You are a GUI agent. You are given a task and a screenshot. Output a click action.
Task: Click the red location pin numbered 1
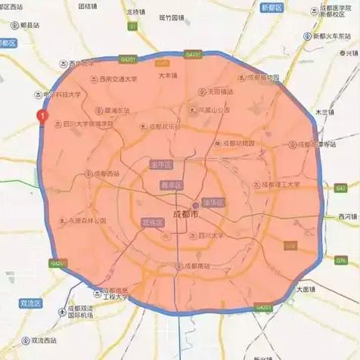click(x=43, y=117)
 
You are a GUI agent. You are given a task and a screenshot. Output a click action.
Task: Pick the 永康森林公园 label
click(x=88, y=221)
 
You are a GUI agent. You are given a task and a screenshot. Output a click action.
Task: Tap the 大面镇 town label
click(x=309, y=288)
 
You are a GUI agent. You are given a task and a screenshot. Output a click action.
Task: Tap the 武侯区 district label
click(x=154, y=222)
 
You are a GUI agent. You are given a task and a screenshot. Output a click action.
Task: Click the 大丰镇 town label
click(x=167, y=76)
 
